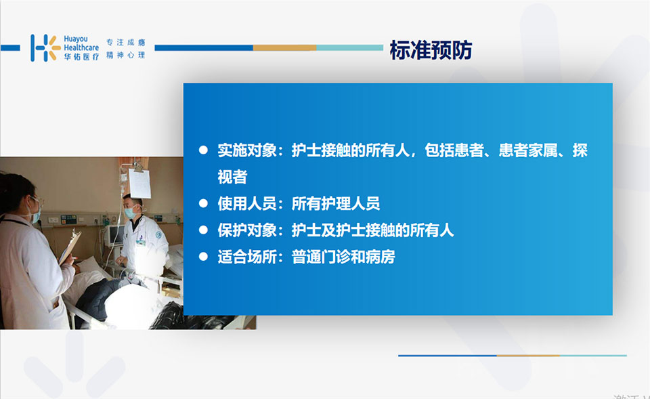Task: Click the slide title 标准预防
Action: coord(431,49)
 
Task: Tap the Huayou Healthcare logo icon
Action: coord(45,47)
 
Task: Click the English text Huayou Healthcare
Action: coord(81,43)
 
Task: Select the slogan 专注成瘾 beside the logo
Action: coord(126,42)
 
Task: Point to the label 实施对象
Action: coord(247,150)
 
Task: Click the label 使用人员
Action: coord(247,203)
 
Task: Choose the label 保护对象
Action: coord(247,230)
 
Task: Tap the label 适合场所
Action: coord(247,257)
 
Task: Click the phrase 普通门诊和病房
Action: coord(343,257)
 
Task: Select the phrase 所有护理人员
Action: coord(336,203)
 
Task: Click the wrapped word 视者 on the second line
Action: coord(232,177)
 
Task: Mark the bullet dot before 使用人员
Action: coord(203,203)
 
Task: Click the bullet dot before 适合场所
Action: coord(203,257)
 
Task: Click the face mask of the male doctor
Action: coord(131,212)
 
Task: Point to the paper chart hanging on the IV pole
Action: coord(139,184)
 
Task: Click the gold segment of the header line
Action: coord(285,47)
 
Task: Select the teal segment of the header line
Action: coord(350,47)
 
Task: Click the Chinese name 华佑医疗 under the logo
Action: coord(81,56)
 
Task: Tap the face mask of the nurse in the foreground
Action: coord(35,215)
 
